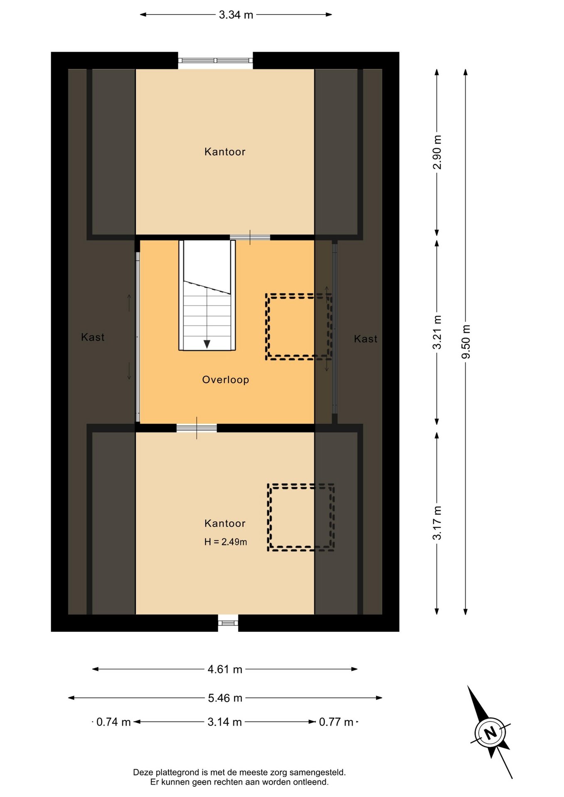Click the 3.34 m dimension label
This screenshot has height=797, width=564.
(236, 15)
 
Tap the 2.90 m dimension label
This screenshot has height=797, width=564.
(437, 152)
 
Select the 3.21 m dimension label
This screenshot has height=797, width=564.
(437, 332)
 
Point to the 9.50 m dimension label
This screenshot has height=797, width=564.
(466, 342)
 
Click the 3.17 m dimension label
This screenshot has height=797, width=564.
(437, 523)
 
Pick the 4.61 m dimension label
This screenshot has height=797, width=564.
(225, 670)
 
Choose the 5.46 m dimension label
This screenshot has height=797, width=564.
(225, 698)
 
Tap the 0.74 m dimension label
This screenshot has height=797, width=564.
(113, 722)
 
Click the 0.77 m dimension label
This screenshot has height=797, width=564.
(336, 722)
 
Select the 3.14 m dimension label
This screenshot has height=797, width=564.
(225, 722)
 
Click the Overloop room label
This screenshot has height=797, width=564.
(226, 380)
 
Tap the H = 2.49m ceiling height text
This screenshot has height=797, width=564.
(226, 542)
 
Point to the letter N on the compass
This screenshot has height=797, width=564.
(490, 733)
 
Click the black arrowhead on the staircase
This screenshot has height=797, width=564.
(207, 344)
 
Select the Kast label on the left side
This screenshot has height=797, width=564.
(93, 337)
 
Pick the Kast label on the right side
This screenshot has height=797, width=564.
(365, 339)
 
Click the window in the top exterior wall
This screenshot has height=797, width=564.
(216, 61)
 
